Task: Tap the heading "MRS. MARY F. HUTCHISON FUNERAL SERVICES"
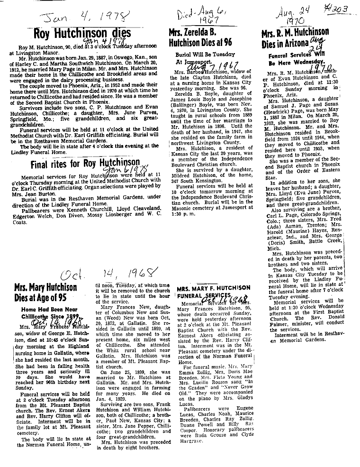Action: coord(214,291)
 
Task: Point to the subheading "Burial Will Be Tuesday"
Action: coord(199,55)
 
